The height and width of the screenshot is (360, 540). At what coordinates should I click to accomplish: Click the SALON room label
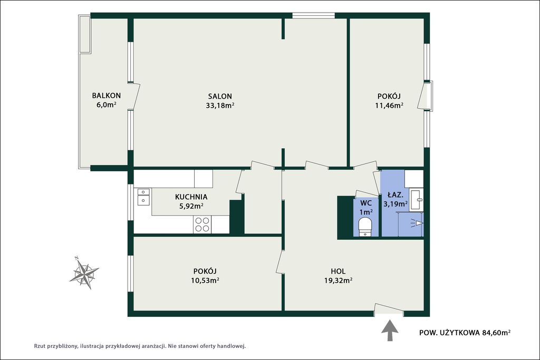(x=220, y=96)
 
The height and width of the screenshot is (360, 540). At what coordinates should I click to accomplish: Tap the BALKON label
(x=106, y=95)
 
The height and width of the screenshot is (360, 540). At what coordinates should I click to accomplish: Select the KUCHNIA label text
(x=191, y=197)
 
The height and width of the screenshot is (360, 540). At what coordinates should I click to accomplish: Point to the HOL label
(x=338, y=271)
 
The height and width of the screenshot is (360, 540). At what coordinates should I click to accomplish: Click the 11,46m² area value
(x=389, y=105)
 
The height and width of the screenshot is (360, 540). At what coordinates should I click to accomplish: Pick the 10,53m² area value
(x=205, y=280)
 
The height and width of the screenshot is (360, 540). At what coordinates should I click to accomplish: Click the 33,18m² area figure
(x=220, y=105)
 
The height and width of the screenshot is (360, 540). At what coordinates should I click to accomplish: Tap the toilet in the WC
(x=365, y=228)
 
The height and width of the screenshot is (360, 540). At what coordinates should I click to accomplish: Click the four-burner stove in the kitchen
(x=202, y=225)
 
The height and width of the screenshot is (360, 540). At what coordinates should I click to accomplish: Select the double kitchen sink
(x=143, y=197)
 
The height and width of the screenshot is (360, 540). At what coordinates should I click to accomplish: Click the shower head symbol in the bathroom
(x=417, y=223)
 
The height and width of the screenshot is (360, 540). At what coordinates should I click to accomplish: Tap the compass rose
(x=84, y=273)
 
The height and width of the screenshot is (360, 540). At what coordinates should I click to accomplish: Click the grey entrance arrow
(x=390, y=330)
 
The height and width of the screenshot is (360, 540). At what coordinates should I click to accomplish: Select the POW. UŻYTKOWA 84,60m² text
(x=465, y=333)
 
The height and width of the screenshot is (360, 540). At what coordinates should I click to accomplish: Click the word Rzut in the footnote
(x=40, y=346)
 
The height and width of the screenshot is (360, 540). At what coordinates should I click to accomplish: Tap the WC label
(x=366, y=203)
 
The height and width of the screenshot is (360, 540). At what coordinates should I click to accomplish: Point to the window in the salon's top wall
(x=313, y=15)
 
